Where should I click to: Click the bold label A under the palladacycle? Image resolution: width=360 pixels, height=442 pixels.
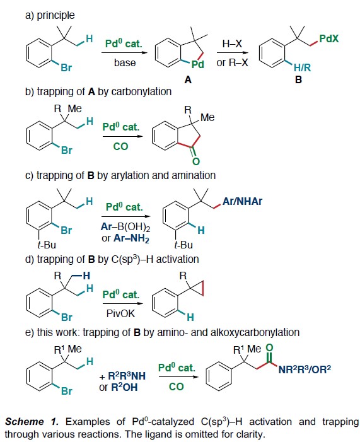click(188, 80)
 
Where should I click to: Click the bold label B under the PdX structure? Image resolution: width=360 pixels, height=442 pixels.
click(298, 80)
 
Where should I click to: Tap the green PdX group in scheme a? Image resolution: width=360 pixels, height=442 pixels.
click(328, 38)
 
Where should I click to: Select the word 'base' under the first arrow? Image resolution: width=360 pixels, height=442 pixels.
click(125, 62)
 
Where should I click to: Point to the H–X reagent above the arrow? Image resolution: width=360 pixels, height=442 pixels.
click(232, 44)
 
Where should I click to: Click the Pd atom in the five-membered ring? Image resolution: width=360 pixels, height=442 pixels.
click(197, 64)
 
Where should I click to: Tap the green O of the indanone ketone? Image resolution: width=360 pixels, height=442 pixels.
click(196, 161)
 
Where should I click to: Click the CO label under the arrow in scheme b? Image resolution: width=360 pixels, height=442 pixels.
click(120, 146)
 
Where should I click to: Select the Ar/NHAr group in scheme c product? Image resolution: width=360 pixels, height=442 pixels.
click(242, 201)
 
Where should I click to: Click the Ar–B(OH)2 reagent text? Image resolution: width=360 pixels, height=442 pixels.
click(125, 227)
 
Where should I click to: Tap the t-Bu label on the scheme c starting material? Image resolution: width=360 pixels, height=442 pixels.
click(47, 245)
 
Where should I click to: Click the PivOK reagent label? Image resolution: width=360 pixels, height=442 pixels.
click(120, 313)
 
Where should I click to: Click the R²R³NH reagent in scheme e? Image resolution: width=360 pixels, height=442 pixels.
click(127, 376)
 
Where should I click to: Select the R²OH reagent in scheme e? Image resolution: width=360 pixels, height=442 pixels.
click(124, 387)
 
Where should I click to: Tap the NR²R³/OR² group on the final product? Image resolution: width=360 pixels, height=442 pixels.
click(305, 369)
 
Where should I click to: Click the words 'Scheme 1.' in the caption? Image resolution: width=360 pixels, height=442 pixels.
click(32, 422)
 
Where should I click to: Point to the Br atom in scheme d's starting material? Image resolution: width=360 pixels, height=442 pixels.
click(67, 317)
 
